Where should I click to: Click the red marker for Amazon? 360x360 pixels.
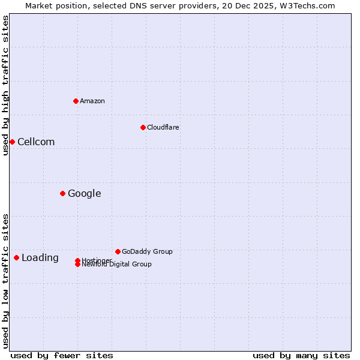click(x=76, y=101)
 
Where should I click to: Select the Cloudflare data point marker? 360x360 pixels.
click(x=143, y=127)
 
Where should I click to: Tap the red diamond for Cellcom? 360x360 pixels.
click(x=12, y=142)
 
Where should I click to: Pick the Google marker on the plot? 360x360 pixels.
click(x=62, y=193)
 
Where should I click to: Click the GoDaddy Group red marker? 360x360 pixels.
click(x=118, y=251)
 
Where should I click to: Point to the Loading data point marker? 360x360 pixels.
click(x=16, y=257)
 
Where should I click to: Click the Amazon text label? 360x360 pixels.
click(x=92, y=101)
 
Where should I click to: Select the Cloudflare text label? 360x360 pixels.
click(x=163, y=127)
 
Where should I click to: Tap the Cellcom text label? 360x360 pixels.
click(x=36, y=142)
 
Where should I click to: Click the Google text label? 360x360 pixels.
click(x=84, y=193)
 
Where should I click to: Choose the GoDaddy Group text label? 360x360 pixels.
click(x=147, y=251)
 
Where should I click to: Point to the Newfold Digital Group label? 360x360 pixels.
click(x=116, y=264)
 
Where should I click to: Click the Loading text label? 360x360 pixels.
click(x=40, y=257)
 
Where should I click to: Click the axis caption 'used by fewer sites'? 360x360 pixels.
click(x=62, y=355)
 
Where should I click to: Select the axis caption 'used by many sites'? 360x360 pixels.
click(x=301, y=355)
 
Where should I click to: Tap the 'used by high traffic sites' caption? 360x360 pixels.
click(x=5, y=85)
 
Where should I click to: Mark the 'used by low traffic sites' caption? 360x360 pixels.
click(x=5, y=281)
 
